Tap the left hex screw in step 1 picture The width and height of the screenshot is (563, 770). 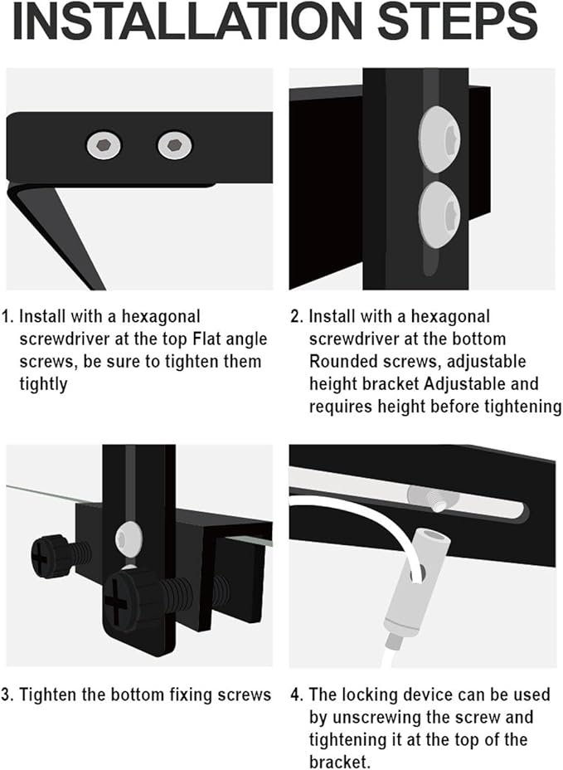(104, 146)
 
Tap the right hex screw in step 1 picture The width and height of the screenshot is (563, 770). (174, 146)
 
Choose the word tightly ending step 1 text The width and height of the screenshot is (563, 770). (45, 384)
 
